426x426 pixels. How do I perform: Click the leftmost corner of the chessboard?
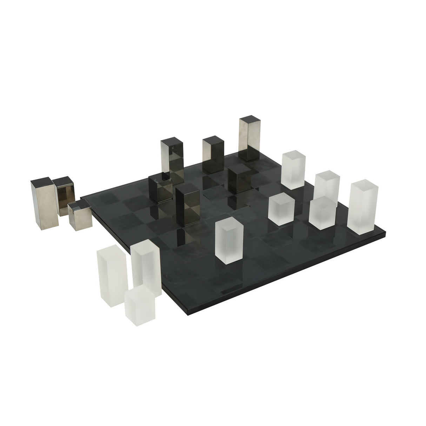(81, 198)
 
